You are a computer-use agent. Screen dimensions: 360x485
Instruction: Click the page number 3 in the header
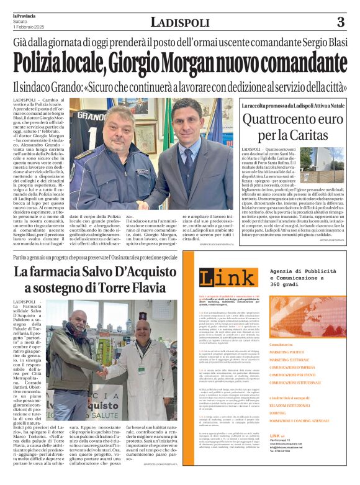click(340, 23)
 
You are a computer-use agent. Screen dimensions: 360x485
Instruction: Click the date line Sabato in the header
click(20, 21)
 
